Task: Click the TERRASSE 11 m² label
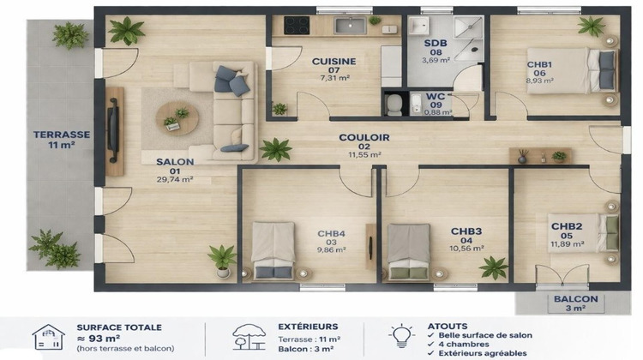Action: tap(62, 140)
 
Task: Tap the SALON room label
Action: tap(175, 170)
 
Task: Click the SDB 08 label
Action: tap(435, 51)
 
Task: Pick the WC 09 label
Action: tap(437, 104)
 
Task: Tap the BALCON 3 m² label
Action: tap(575, 303)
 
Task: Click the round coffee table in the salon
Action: tap(177, 118)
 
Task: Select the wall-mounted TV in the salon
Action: tap(111, 130)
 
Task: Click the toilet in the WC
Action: tap(394, 105)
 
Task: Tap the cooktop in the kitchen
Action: tap(297, 25)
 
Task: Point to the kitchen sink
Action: tap(350, 26)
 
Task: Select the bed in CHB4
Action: tap(273, 250)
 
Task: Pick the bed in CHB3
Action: tap(408, 251)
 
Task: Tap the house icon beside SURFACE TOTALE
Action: tap(49, 337)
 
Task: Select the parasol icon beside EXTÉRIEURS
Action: tap(249, 337)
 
